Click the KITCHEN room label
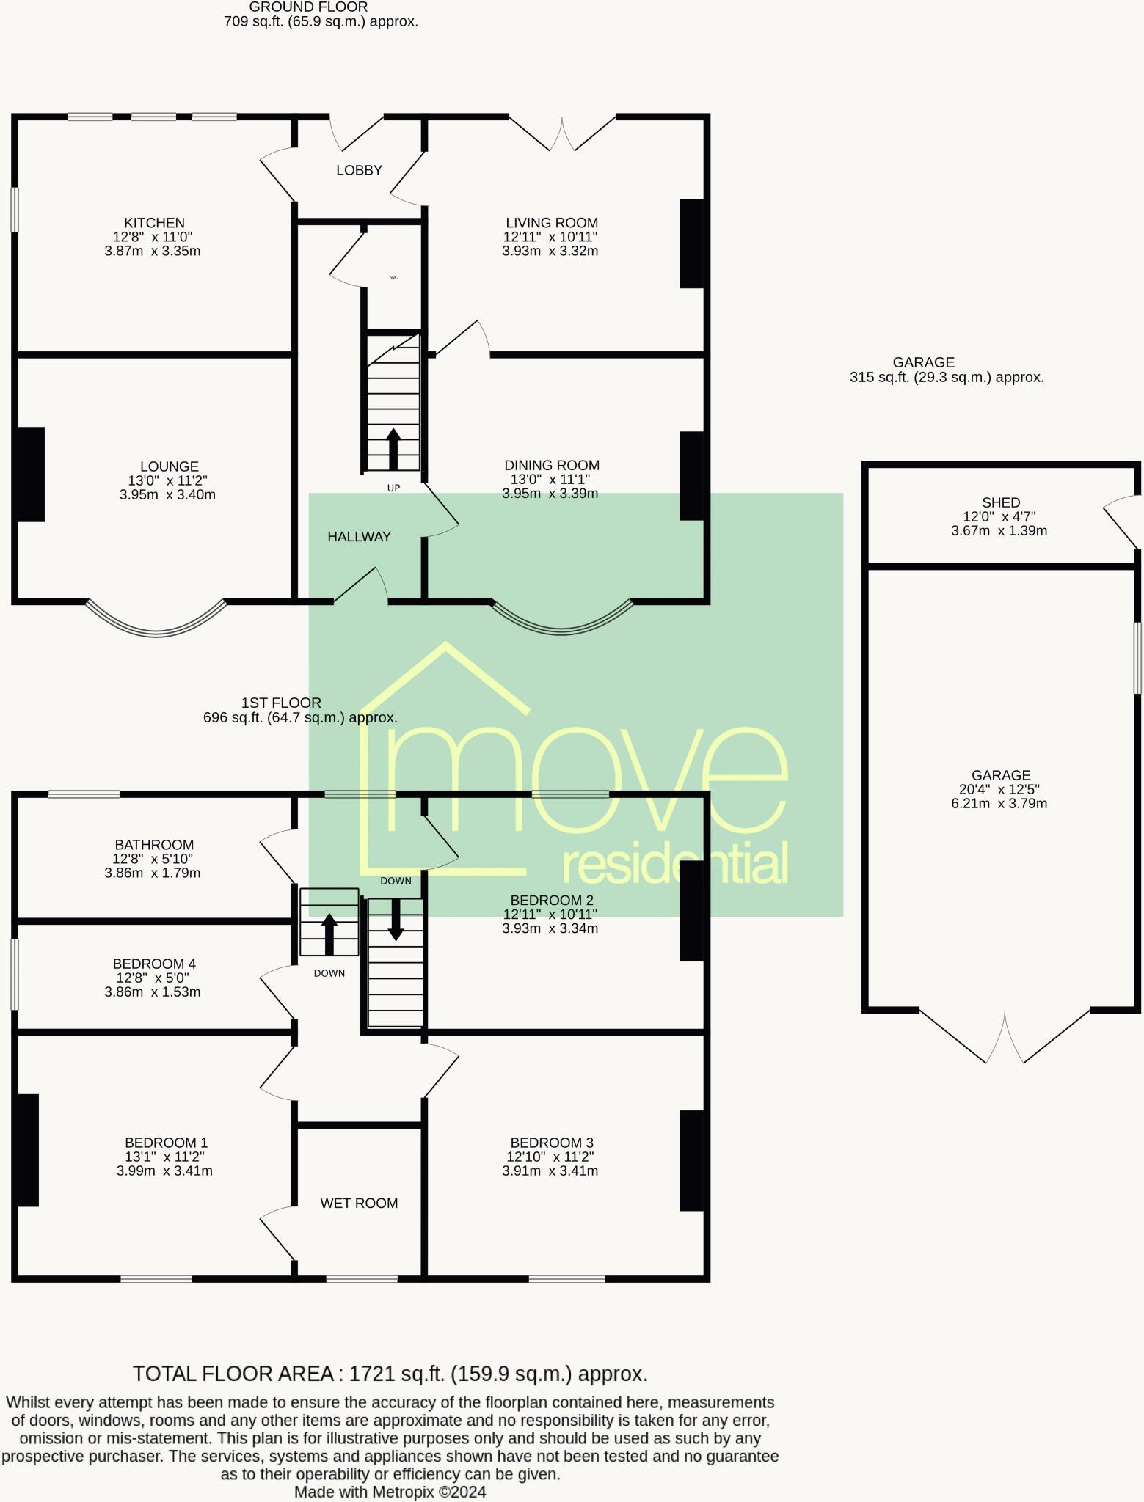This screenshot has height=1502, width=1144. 154,223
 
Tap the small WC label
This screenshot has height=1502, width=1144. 394,278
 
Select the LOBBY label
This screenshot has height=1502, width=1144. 359,170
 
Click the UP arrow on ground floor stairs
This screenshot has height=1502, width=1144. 393,449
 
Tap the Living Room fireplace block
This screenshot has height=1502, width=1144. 692,243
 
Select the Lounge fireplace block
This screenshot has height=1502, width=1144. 29,475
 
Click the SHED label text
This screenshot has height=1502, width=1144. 1001,502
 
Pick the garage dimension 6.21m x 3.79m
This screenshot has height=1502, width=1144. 999,803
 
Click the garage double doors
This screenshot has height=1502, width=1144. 1005,1037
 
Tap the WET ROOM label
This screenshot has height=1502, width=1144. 359,1203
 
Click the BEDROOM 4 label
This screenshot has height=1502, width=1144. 154,964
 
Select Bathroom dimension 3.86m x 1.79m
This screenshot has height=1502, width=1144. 153,873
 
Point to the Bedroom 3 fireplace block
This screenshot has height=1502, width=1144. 692,1160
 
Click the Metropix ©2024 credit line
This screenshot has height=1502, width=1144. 390,1492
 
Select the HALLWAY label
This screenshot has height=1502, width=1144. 359,537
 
